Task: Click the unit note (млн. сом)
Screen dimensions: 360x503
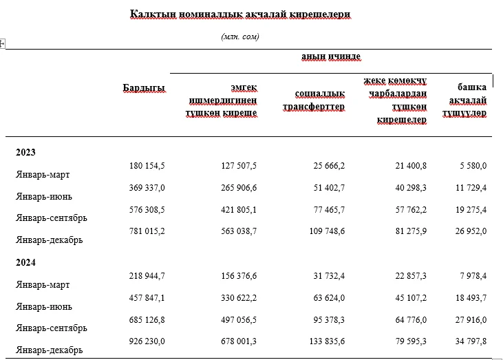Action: click(x=240, y=36)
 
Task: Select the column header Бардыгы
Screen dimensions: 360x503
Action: click(x=144, y=88)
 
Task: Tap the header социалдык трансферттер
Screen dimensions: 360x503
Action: click(x=314, y=100)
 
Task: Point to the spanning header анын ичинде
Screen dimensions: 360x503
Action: click(x=331, y=56)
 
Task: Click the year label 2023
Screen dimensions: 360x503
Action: click(x=25, y=152)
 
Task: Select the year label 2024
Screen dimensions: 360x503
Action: click(x=25, y=262)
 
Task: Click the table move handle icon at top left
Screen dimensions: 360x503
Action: click(x=2, y=43)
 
